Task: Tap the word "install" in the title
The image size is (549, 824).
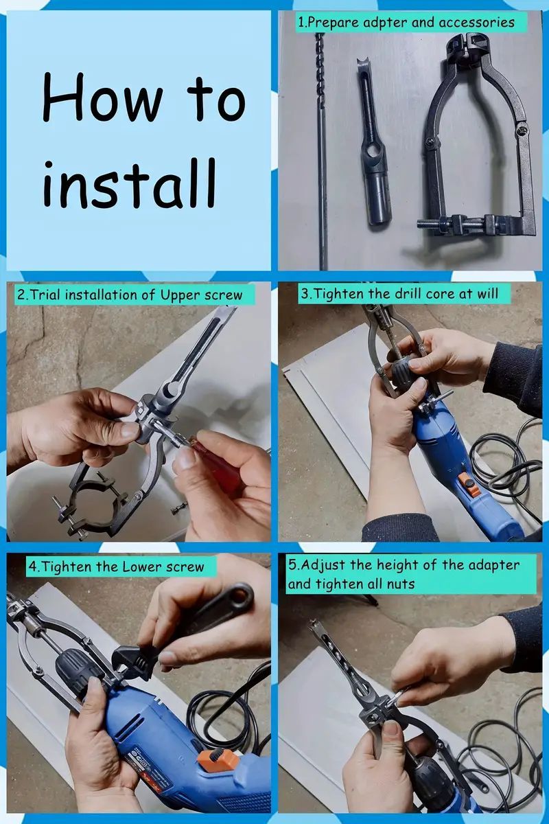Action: (129, 183)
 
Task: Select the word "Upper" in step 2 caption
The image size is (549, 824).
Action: (180, 295)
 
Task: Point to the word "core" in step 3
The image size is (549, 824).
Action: (442, 294)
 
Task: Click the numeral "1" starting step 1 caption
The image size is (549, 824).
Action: (301, 23)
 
